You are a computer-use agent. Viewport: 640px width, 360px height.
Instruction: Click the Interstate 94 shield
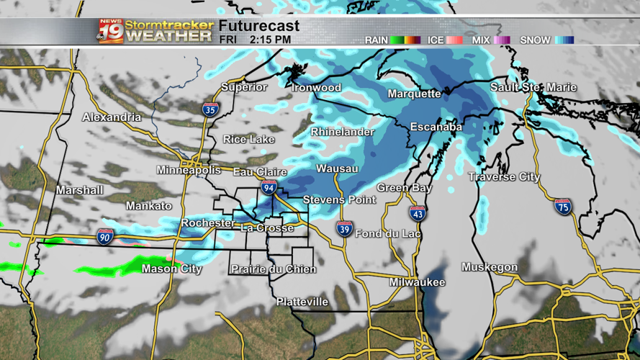269,189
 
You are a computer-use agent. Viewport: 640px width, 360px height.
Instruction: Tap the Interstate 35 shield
210,109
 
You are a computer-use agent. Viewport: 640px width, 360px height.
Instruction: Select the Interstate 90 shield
105,236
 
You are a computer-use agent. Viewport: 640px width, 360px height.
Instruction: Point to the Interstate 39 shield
345,229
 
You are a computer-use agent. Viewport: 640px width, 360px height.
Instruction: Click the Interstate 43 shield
418,212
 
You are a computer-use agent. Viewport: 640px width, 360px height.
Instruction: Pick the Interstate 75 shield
564,207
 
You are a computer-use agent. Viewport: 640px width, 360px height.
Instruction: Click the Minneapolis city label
189,171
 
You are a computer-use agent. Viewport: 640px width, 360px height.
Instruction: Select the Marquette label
414,94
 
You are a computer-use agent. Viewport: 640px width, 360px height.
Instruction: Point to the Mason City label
171,269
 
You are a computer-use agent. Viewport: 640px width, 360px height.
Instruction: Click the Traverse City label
504,177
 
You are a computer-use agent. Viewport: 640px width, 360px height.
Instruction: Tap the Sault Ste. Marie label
533,87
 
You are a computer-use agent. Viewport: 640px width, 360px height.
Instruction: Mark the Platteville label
302,302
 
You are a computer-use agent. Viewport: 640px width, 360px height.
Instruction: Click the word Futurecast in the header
259,26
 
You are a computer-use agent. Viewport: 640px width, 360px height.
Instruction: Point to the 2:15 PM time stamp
271,40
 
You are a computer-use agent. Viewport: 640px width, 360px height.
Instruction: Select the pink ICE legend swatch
455,40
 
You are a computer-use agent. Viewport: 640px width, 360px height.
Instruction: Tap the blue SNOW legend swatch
564,40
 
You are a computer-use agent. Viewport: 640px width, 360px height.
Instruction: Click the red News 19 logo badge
111,31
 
